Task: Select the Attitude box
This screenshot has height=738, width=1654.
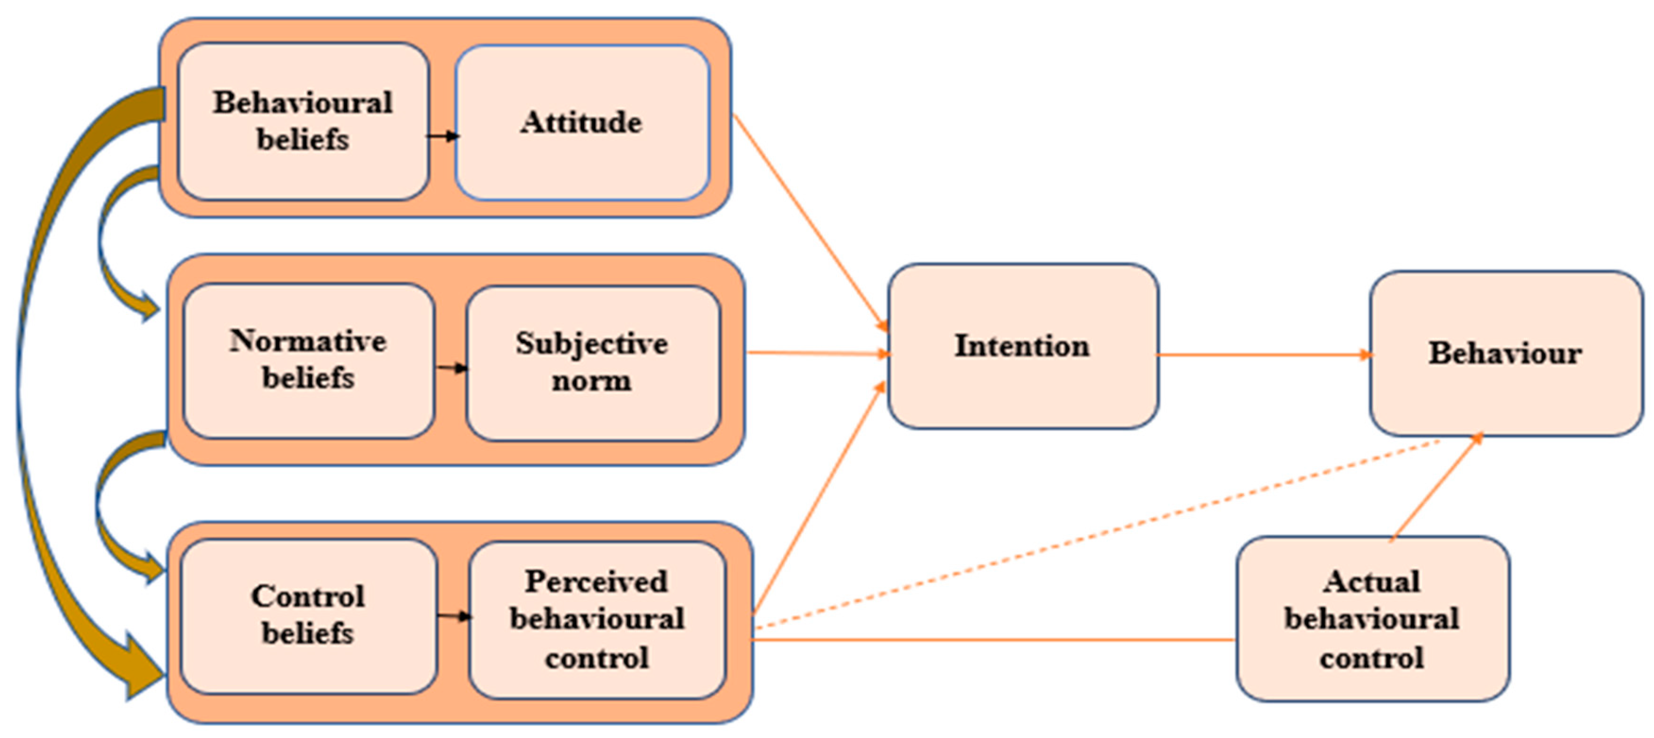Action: [582, 122]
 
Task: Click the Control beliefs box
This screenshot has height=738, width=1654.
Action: [308, 615]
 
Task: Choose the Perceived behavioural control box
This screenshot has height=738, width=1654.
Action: [597, 619]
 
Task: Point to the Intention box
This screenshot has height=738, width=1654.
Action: [1022, 346]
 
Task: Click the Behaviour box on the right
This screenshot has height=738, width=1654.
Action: [1505, 353]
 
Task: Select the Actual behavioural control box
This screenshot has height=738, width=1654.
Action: [1372, 619]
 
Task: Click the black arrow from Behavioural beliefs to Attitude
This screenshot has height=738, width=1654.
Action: [443, 136]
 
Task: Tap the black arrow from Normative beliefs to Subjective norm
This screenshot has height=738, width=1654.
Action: [451, 368]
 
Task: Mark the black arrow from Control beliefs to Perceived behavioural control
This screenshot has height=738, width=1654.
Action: [454, 617]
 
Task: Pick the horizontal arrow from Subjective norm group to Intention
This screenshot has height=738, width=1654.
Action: [819, 353]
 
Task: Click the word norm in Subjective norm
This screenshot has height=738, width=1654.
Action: [592, 381]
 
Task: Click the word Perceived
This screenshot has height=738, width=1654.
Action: [597, 582]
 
